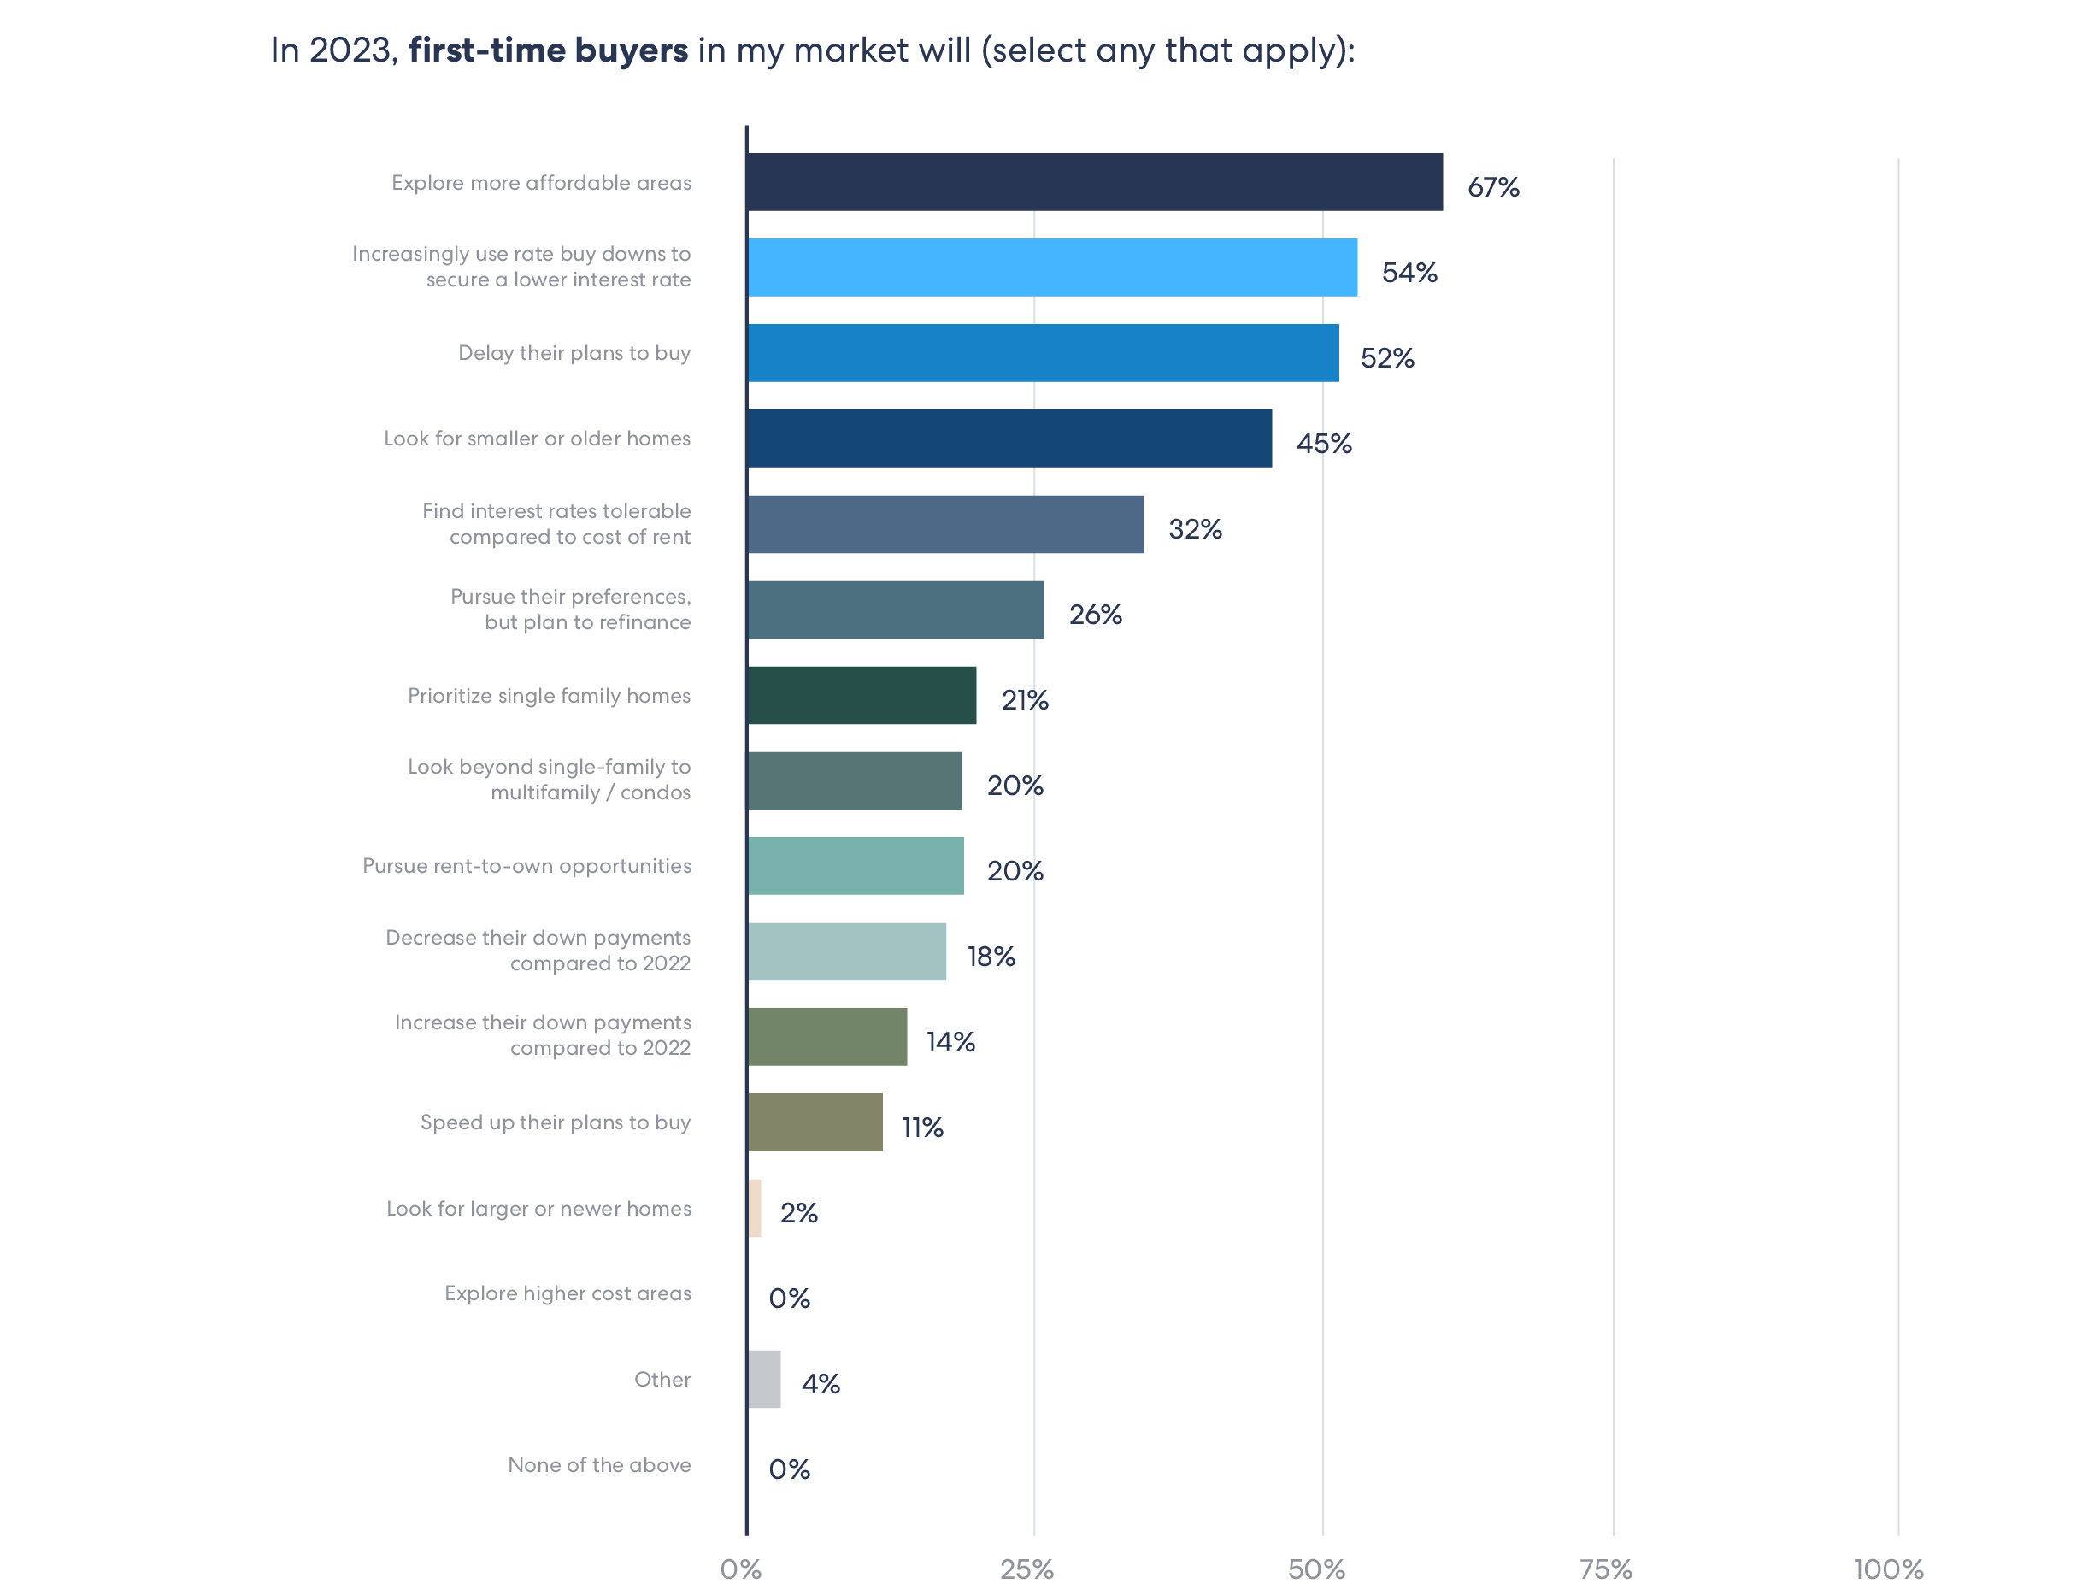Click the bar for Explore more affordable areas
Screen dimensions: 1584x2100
click(1094, 181)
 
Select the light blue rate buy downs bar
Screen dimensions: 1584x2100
click(1052, 267)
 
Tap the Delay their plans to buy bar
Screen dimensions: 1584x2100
click(1043, 352)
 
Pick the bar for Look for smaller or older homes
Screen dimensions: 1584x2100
click(1009, 438)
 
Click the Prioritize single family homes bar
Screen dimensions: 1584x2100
click(861, 695)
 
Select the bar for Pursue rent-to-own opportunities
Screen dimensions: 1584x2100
click(855, 865)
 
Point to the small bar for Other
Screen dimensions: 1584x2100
click(763, 1379)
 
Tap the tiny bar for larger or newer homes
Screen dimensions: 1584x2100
click(755, 1208)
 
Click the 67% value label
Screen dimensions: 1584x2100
click(1492, 187)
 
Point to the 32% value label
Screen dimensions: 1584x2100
click(1194, 529)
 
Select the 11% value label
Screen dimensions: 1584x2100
click(922, 1128)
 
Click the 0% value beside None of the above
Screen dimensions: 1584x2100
click(789, 1469)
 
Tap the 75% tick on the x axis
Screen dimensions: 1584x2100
click(1605, 1569)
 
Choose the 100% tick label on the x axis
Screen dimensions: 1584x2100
click(1888, 1569)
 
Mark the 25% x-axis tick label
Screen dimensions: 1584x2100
click(1026, 1569)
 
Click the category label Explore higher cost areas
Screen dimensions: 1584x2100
click(568, 1293)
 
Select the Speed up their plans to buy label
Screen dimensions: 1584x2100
click(556, 1122)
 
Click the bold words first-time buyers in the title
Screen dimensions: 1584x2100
click(548, 50)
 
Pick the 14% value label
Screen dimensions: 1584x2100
click(950, 1042)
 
